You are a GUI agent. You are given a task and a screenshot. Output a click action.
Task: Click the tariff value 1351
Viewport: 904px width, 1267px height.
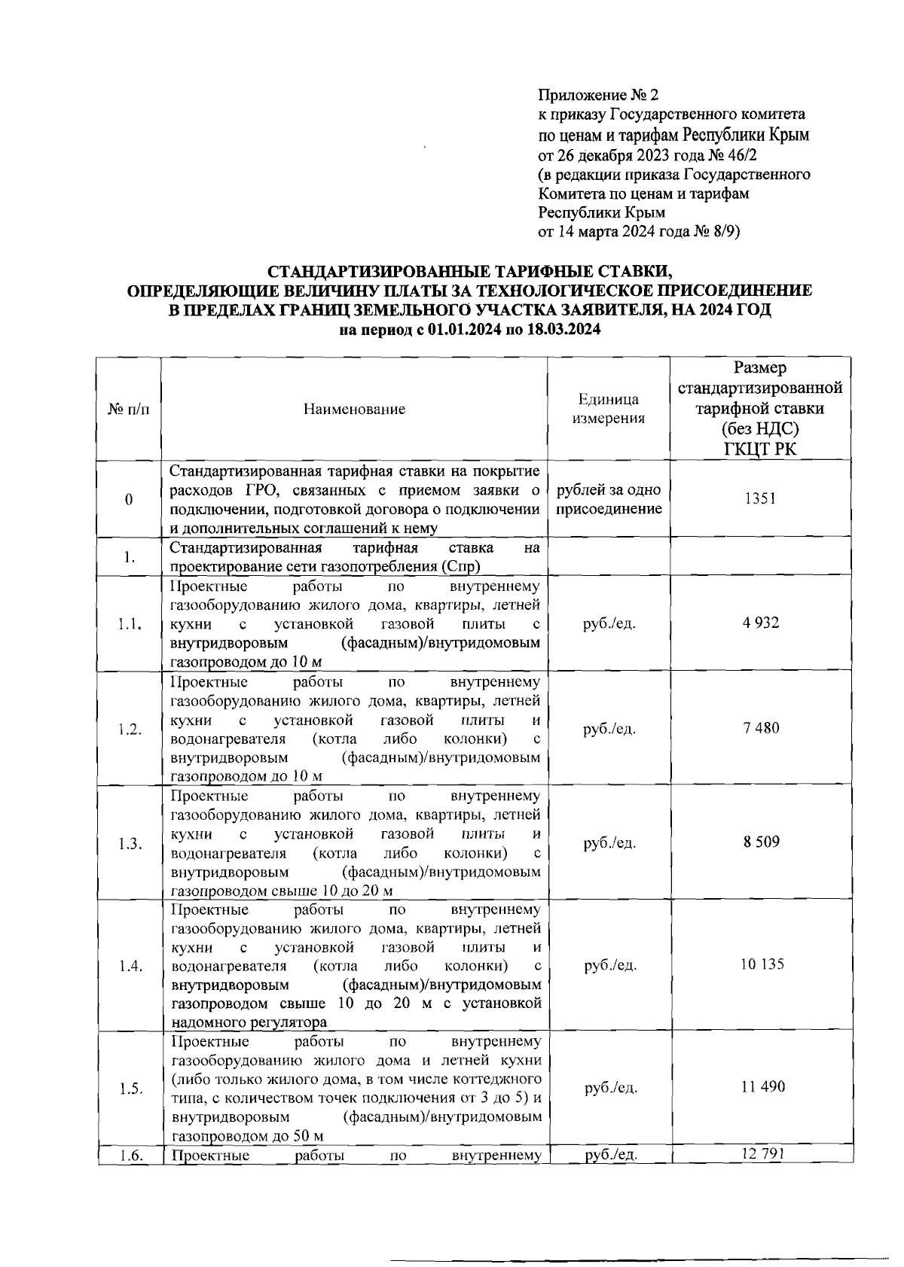[x=760, y=498]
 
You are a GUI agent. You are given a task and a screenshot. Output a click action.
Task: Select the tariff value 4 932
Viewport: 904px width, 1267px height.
[x=761, y=623]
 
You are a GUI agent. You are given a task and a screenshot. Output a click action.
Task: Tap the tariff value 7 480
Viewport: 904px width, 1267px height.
[x=761, y=728]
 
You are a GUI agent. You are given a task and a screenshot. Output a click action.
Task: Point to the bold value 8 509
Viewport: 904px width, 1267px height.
[x=761, y=842]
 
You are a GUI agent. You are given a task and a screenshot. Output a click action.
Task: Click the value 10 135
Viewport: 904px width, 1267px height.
[x=761, y=964]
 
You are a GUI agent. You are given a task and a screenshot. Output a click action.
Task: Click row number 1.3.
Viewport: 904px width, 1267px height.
[x=130, y=844]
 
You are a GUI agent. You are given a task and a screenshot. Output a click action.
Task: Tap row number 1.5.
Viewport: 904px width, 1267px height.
[x=130, y=1089]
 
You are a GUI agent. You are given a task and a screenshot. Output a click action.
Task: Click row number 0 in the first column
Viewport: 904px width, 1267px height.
[x=129, y=501]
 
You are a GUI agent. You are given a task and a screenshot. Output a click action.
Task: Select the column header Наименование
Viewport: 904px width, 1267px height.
[x=354, y=409]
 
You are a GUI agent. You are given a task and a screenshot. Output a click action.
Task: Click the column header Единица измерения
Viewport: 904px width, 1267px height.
[x=609, y=409]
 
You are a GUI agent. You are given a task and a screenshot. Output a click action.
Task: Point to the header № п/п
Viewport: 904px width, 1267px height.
[x=129, y=410]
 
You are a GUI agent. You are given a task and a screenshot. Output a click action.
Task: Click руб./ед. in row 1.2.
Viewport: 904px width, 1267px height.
[x=609, y=729]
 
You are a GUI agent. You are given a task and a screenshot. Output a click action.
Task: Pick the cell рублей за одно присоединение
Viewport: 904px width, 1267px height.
[x=609, y=500]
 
